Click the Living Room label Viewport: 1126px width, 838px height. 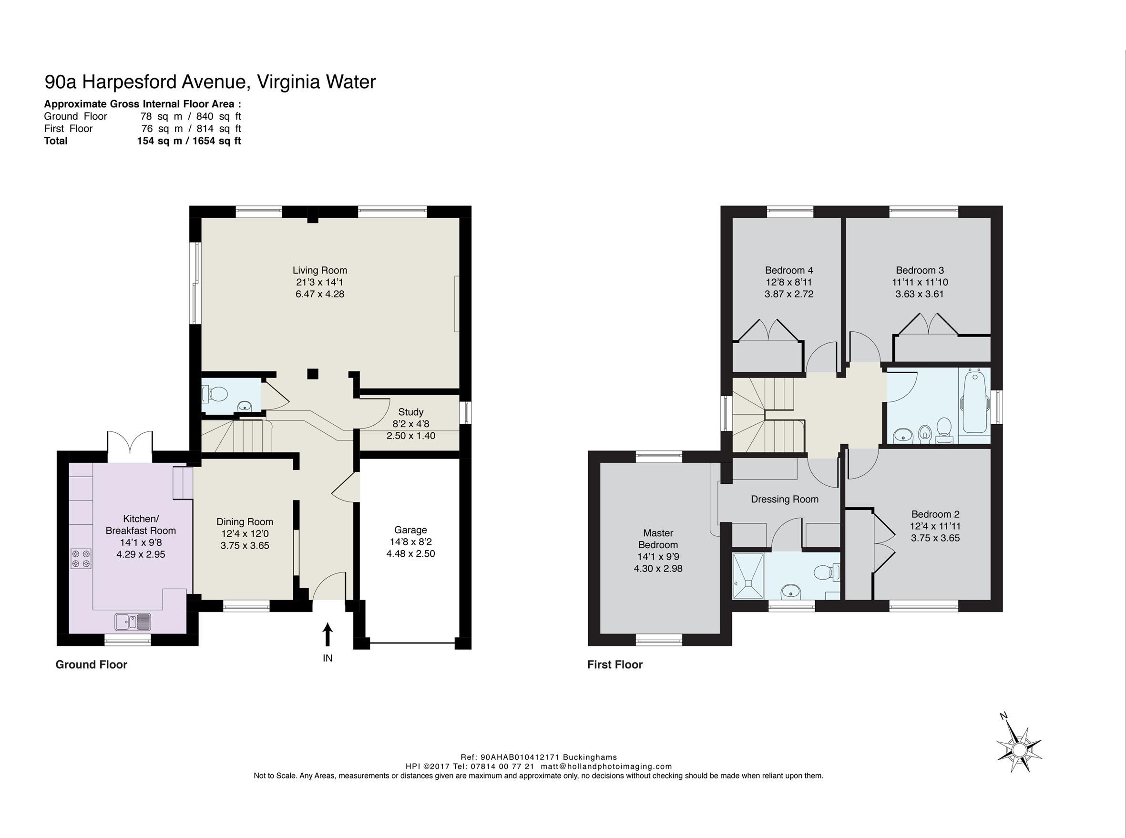tap(319, 270)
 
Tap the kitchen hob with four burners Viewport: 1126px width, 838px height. tap(81, 558)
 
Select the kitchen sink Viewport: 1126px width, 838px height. tap(133, 622)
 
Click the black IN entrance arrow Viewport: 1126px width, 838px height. tap(328, 634)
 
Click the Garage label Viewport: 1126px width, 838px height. tap(410, 530)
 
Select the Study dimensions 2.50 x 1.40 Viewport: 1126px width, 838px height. tap(411, 436)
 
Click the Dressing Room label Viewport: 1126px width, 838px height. tap(785, 499)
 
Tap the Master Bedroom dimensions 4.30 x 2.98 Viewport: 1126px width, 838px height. tap(658, 569)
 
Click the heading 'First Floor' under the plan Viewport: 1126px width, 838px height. tap(615, 664)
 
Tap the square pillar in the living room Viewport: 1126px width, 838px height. tap(312, 374)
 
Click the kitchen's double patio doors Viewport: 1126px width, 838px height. tap(130, 446)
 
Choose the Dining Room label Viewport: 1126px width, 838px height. tap(245, 521)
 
